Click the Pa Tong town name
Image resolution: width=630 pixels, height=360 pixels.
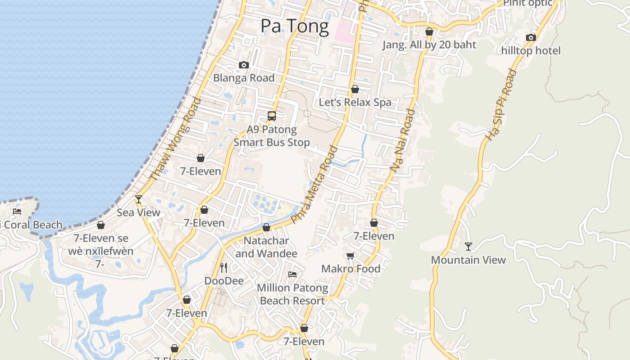click(x=295, y=26)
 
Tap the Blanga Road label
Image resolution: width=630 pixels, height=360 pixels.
click(x=243, y=78)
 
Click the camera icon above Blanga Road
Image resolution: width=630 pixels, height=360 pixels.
click(x=243, y=65)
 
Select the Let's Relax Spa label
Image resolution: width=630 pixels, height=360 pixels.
click(x=355, y=102)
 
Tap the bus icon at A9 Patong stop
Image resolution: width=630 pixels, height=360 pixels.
click(x=272, y=116)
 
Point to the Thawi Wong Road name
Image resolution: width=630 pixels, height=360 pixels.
click(x=175, y=139)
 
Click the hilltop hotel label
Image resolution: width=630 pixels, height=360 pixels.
click(x=531, y=50)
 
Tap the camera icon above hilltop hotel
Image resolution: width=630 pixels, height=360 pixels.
click(x=531, y=38)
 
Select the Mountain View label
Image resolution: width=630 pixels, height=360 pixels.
click(x=468, y=260)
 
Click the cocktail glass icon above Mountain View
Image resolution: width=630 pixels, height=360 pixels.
click(x=468, y=247)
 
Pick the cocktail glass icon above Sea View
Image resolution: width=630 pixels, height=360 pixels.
click(x=139, y=199)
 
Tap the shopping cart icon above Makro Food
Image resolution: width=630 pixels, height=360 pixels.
click(x=351, y=256)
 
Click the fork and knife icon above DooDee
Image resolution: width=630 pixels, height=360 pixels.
click(x=224, y=268)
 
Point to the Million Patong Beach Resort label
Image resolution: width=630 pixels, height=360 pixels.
click(x=292, y=294)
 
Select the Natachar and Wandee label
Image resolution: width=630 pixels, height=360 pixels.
click(x=266, y=247)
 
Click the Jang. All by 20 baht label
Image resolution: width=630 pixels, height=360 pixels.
click(x=429, y=45)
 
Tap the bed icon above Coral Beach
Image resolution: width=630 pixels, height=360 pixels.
click(x=17, y=211)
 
